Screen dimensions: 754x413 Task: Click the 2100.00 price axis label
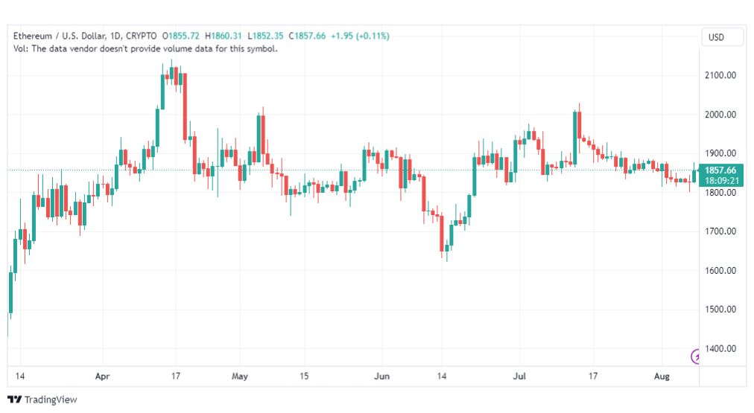[x=720, y=75]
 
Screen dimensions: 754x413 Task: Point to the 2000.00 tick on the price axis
[x=720, y=115]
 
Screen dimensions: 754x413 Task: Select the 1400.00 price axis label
[x=720, y=349]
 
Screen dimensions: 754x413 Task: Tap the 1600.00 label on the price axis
[x=720, y=270]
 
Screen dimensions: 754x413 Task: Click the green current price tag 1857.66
[x=720, y=170]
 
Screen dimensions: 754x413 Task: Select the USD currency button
[x=716, y=37]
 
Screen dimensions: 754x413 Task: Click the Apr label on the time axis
[x=102, y=376]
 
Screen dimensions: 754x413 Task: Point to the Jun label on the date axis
[x=381, y=376]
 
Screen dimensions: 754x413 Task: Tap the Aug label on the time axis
[x=662, y=376]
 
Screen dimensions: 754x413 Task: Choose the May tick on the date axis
[x=239, y=376]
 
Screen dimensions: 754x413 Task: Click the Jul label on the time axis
[x=519, y=376]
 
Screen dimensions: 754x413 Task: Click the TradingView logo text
[x=51, y=400]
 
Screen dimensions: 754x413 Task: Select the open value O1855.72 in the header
[x=181, y=36]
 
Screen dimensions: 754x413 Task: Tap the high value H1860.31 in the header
[x=223, y=36]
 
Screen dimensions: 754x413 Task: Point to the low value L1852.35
[x=265, y=36]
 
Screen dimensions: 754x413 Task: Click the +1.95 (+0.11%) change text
[x=360, y=36]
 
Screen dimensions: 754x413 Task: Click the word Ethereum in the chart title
[x=33, y=36]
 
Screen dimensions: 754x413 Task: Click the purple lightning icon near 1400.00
[x=695, y=356]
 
